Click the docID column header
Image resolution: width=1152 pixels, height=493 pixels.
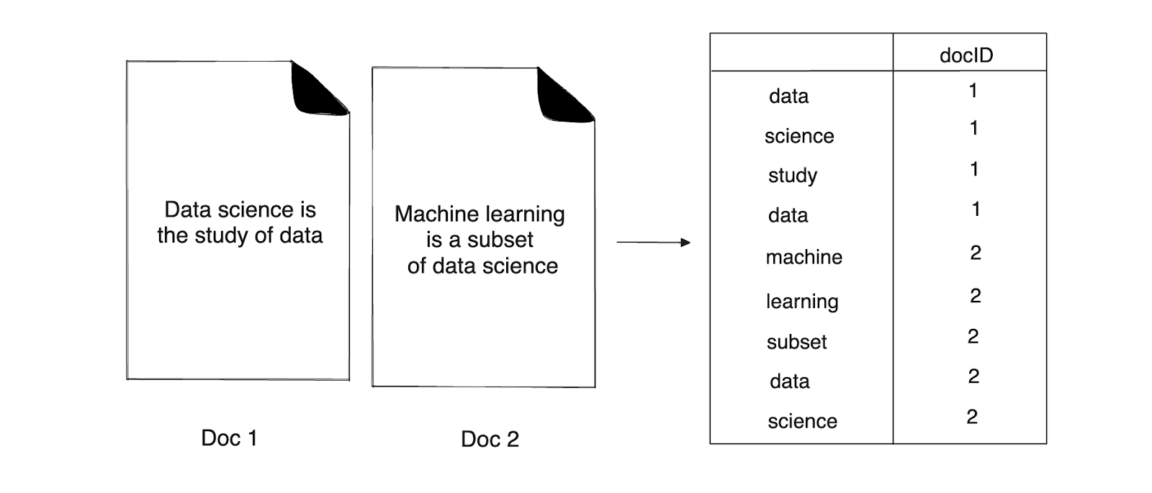point(966,55)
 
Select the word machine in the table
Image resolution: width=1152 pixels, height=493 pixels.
point(804,257)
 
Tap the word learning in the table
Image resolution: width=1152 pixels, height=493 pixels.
point(802,301)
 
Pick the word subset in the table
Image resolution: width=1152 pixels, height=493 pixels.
point(796,342)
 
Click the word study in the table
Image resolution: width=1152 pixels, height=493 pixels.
point(792,176)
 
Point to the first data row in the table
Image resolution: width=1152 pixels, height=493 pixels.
point(788,96)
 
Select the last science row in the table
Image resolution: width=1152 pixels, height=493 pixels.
point(802,421)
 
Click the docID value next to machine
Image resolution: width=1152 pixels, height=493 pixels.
point(976,253)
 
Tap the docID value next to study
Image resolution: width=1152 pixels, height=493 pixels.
point(974,169)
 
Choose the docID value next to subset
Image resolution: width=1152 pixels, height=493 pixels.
point(973,336)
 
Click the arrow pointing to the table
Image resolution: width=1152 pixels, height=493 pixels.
point(653,243)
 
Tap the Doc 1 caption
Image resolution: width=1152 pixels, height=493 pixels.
point(229,438)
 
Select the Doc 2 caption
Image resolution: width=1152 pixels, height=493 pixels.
point(490,439)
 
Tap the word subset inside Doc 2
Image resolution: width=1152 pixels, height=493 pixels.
point(500,240)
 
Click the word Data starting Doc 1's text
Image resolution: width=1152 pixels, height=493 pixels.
point(189,209)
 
